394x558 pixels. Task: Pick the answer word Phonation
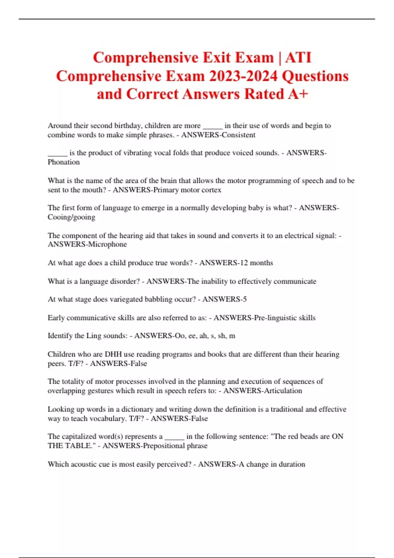tap(64, 162)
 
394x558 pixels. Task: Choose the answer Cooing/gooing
tap(71, 217)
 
